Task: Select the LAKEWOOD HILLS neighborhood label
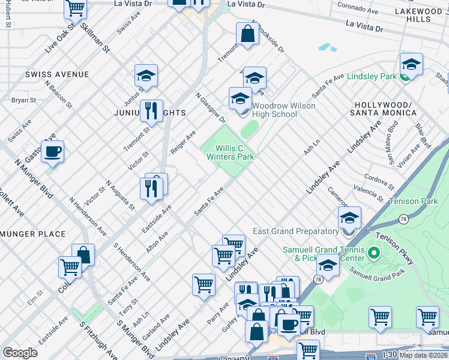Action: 418,15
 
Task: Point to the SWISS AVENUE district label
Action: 57,74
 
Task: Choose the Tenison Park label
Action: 413,202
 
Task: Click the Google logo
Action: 20,353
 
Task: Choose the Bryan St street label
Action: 23,100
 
